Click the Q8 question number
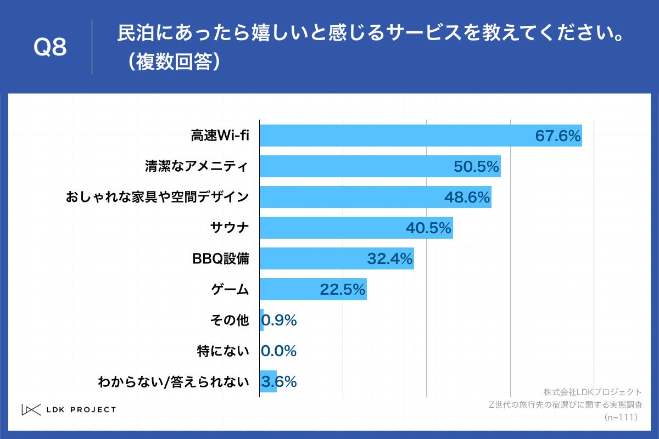pyautogui.click(x=50, y=47)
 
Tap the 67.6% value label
pyautogui.click(x=558, y=136)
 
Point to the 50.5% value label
pyautogui.click(x=476, y=166)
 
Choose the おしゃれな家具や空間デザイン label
pyautogui.click(x=158, y=197)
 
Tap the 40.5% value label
pyautogui.click(x=428, y=228)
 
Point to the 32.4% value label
pyautogui.click(x=389, y=258)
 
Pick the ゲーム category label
pyautogui.click(x=230, y=289)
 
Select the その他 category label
pyautogui.click(x=230, y=320)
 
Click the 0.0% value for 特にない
pyautogui.click(x=279, y=351)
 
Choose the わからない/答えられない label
pyautogui.click(x=173, y=381)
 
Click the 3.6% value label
pyautogui.click(x=280, y=381)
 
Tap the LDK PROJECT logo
pyautogui.click(x=69, y=409)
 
